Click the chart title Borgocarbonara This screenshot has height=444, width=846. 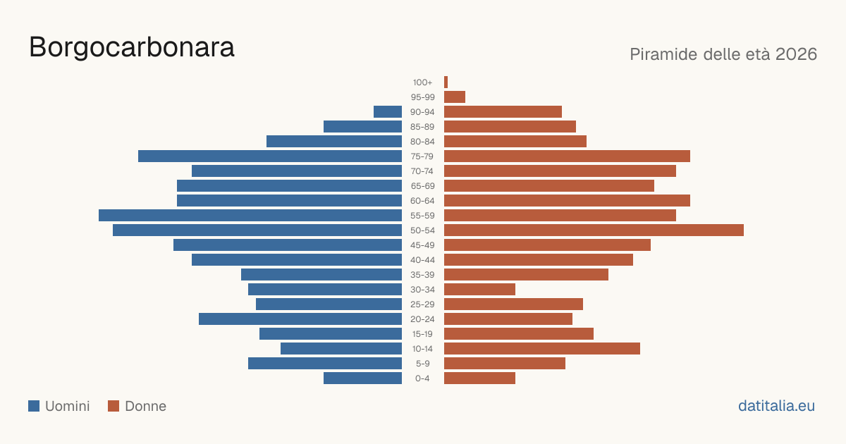click(x=132, y=48)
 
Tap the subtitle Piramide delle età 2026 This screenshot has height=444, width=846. click(x=723, y=54)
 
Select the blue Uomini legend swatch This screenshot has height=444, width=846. click(x=34, y=406)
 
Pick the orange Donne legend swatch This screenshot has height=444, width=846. click(x=114, y=406)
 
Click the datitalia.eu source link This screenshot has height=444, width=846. click(x=776, y=406)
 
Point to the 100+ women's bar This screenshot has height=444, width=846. click(x=446, y=82)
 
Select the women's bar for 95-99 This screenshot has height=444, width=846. click(x=455, y=97)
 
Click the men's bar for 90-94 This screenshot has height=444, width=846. click(x=388, y=112)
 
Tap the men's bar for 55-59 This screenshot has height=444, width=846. click(x=250, y=215)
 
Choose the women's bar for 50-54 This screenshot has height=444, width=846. click(x=594, y=230)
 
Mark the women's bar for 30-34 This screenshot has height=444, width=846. click(x=479, y=290)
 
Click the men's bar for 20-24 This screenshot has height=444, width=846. click(x=300, y=319)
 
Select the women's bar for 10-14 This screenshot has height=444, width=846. click(x=542, y=348)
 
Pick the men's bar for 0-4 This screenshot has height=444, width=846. click(x=362, y=378)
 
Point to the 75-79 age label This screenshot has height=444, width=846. click(x=422, y=156)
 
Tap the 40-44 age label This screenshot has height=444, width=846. click(x=422, y=260)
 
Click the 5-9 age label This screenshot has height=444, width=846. click(x=422, y=364)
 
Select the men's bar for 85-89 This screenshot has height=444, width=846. click(x=362, y=126)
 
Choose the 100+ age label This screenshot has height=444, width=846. click(x=422, y=82)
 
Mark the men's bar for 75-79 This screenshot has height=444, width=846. click(x=270, y=156)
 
